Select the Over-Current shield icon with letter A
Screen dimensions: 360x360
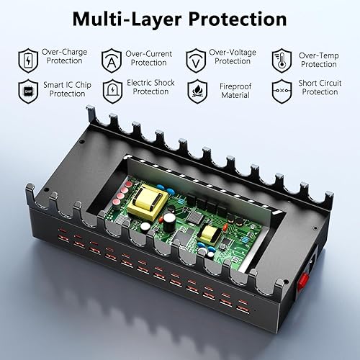pyautogui.click(x=111, y=58)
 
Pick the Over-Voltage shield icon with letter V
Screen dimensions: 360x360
pyautogui.click(x=194, y=58)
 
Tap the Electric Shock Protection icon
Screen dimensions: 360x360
pyautogui.click(x=111, y=89)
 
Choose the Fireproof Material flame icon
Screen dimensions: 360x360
pyautogui.click(x=194, y=89)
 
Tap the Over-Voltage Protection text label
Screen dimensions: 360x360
pyautogui.click(x=231, y=57)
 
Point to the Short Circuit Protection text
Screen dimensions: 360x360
pyautogui.click(x=320, y=88)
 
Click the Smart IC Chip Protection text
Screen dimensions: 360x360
pyautogui.click(x=66, y=88)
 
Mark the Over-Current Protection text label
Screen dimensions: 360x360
pyautogui.click(x=148, y=58)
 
